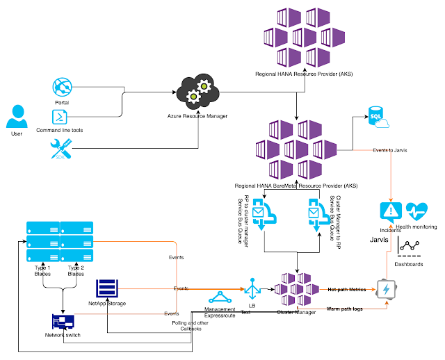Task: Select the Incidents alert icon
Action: [390, 211]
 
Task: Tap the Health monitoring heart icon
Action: [419, 211]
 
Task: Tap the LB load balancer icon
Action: [251, 287]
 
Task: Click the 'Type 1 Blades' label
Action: [42, 271]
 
